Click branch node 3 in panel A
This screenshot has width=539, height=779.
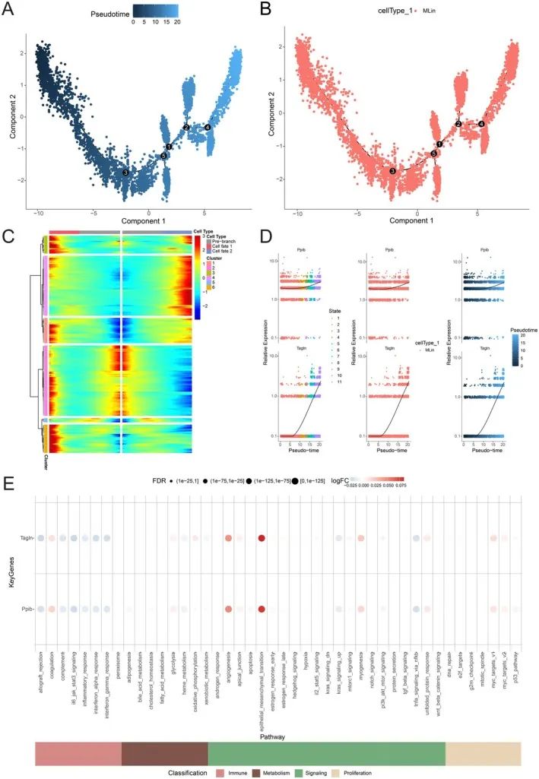click(125, 173)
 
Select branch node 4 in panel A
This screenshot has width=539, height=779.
click(208, 127)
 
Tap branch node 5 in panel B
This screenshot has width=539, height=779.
click(433, 154)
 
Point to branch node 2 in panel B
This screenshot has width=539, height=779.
click(458, 123)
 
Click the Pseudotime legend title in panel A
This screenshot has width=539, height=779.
click(113, 14)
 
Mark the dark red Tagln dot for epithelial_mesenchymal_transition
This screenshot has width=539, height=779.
click(262, 538)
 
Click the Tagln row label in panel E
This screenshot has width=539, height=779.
click(24, 538)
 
